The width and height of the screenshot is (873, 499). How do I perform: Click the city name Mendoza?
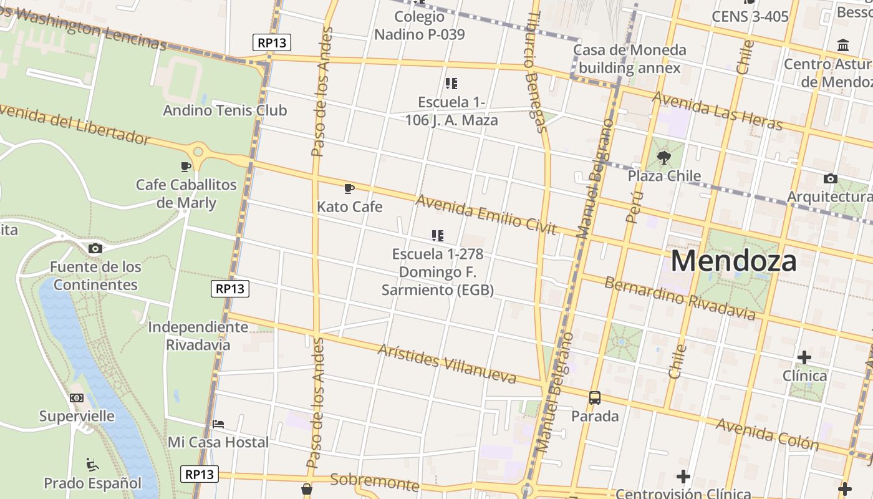[x=733, y=261]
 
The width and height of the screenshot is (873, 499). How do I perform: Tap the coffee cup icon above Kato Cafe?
[x=349, y=188]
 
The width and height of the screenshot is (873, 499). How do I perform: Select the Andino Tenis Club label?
[x=224, y=110]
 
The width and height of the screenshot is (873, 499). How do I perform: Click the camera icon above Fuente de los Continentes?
[x=95, y=248]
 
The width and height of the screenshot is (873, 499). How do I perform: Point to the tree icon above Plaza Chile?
[x=664, y=157]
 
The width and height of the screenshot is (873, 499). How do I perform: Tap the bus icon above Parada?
[x=595, y=397]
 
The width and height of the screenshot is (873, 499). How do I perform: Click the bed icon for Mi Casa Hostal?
[x=218, y=424]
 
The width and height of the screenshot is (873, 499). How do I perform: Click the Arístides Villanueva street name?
[x=446, y=363]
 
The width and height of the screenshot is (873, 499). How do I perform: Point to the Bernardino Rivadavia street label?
[x=680, y=297]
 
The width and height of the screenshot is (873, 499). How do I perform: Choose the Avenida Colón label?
[x=767, y=434]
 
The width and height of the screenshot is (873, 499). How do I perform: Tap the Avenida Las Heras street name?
[x=717, y=111]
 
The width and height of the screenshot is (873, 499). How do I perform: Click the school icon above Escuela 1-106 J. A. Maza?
[x=451, y=83]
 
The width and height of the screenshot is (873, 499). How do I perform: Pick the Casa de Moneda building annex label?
[x=629, y=59]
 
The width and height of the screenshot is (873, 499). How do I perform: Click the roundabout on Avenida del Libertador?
[x=198, y=152]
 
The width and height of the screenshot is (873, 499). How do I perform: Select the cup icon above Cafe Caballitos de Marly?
[x=186, y=167]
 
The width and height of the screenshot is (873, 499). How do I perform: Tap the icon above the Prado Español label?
[x=92, y=464]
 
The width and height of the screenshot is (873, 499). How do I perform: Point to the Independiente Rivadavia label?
[x=198, y=336]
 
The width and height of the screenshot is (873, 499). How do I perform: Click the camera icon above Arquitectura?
[x=830, y=179]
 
